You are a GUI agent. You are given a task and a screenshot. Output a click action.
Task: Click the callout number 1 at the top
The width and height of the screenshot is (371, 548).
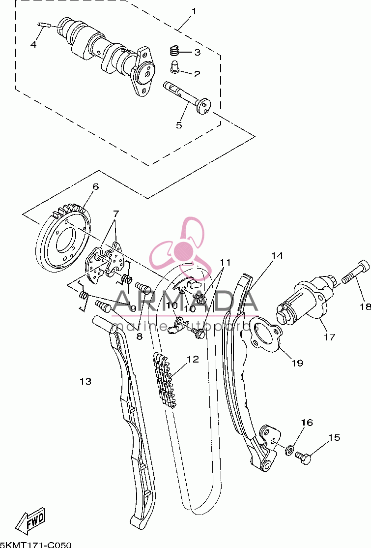tap(194, 11)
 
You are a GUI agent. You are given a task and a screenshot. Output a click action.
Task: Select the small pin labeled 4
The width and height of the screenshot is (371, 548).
tap(44, 25)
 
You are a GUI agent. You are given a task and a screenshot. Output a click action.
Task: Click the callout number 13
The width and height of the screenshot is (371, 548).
tap(86, 381)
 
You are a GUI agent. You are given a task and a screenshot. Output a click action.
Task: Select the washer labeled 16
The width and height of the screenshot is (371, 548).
tap(289, 450)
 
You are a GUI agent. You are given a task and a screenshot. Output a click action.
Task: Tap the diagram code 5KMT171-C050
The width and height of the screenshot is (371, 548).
tap(36, 545)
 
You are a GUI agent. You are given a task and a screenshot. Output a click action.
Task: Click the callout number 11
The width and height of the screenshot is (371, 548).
tap(225, 263)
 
